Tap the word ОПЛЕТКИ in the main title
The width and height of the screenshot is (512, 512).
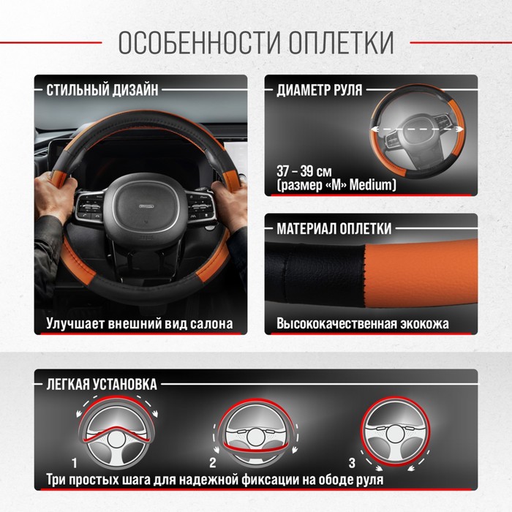click(342, 42)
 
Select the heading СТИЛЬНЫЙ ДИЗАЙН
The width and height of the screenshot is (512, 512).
click(102, 90)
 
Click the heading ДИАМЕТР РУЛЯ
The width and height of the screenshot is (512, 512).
click(320, 90)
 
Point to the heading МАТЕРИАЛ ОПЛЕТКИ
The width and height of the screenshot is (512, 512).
click(334, 228)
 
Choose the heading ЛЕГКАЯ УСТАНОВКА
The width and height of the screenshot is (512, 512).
click(102, 384)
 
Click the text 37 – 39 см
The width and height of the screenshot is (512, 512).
click(304, 171)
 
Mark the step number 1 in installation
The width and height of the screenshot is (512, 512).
click(75, 463)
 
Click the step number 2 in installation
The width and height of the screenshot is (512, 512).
click(213, 463)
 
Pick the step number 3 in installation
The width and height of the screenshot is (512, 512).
click(352, 463)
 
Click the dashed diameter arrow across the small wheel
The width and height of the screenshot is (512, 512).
click(417, 129)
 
